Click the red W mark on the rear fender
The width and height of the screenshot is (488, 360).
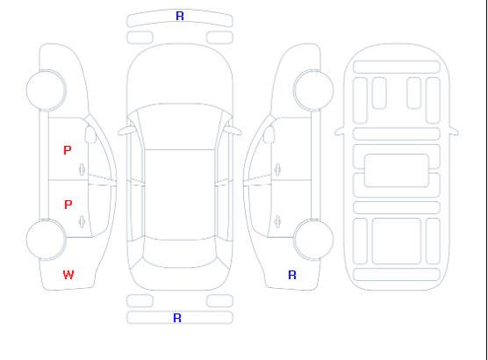(68, 275)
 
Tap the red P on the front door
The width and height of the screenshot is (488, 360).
(68, 150)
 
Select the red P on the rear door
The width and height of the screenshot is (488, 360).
(68, 205)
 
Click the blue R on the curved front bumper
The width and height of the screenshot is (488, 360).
(180, 16)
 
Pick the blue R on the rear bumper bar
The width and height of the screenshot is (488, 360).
(177, 318)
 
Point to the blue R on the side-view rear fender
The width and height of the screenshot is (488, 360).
(292, 275)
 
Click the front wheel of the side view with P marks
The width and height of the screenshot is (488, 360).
(46, 90)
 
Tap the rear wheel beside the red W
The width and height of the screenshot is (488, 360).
(46, 240)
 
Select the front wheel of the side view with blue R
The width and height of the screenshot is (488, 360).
(313, 90)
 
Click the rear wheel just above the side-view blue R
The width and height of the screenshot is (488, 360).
(313, 240)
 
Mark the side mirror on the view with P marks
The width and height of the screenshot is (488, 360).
(90, 134)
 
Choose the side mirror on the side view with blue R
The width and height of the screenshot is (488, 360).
(269, 134)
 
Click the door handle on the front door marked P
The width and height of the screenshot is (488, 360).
(82, 169)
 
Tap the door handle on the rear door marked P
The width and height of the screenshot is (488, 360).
(82, 221)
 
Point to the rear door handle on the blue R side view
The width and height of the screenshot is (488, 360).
(277, 221)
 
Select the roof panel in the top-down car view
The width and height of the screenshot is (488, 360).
(180, 195)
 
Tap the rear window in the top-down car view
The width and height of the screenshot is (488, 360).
(180, 253)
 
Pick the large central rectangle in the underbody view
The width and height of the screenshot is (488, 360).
(397, 170)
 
